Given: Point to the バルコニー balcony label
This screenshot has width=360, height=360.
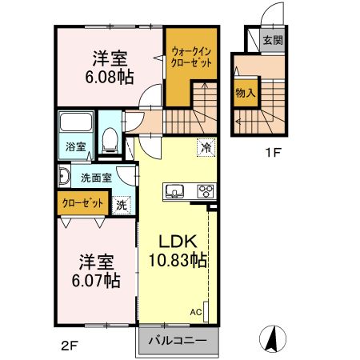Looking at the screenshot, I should (177, 341).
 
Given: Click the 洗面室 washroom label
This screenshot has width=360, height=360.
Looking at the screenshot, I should (95, 176).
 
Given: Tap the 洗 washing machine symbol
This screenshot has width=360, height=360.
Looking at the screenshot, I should (121, 204).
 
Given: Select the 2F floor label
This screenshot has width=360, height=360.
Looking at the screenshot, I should (70, 346).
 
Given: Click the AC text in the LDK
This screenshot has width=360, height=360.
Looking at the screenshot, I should (195, 313).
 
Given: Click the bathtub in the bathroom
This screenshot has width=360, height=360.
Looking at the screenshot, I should (78, 124).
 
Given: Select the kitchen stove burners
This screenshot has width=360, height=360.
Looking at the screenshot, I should (206, 191).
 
